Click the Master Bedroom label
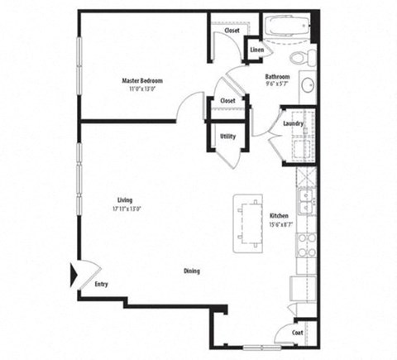click(x=142, y=80)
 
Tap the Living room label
click(x=125, y=200)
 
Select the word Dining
click(x=191, y=271)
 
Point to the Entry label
click(x=101, y=285)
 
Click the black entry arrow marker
click(x=74, y=272)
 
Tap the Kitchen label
click(x=279, y=216)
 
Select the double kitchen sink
click(x=305, y=200)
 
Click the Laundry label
click(x=293, y=124)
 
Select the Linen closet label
click(x=256, y=50)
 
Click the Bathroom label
click(x=277, y=76)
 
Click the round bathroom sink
click(x=304, y=85)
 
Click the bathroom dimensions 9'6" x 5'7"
click(x=276, y=84)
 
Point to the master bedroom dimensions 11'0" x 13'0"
click(x=142, y=88)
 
